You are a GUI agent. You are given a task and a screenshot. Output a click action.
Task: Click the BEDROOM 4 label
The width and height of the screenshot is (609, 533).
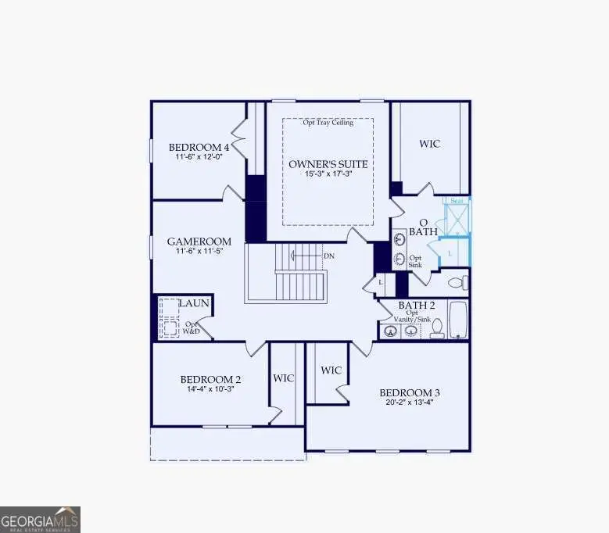(x=199, y=147)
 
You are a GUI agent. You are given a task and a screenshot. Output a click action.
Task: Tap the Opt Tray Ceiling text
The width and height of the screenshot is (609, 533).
(x=328, y=123)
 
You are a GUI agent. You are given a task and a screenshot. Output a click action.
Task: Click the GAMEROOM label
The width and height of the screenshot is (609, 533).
(x=199, y=241)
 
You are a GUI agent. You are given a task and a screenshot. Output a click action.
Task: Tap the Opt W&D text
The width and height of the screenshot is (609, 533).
(x=192, y=328)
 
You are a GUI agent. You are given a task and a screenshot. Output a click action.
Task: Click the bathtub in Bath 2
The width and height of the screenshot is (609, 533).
(x=458, y=321)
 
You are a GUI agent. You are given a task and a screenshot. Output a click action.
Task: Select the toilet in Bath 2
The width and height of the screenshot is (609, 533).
(x=437, y=328)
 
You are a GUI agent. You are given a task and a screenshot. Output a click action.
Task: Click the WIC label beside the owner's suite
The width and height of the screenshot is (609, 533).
(x=429, y=144)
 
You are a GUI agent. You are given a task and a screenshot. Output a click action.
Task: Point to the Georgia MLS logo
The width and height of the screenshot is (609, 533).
(x=40, y=520)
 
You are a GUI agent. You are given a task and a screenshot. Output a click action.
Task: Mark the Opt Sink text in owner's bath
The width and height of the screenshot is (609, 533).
(x=416, y=261)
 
